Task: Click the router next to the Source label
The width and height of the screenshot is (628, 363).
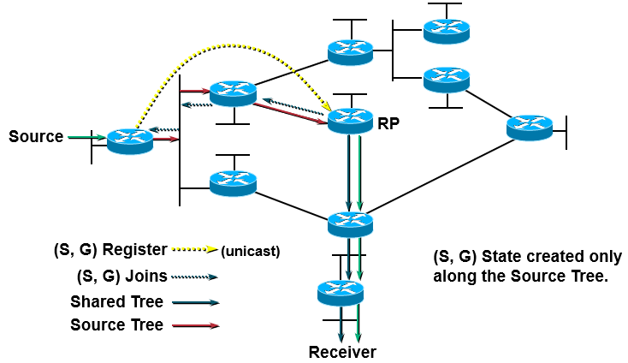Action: click(130, 140)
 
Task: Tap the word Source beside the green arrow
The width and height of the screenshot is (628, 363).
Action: click(36, 136)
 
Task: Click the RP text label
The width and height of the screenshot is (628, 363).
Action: click(389, 123)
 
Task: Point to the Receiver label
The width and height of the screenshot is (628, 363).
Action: click(342, 352)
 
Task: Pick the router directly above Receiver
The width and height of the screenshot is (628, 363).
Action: click(340, 292)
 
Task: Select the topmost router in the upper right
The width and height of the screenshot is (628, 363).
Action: click(447, 31)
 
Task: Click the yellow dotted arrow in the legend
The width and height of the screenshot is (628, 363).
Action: click(194, 251)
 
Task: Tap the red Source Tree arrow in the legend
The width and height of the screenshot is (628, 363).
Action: click(196, 325)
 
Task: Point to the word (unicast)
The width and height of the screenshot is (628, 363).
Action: click(251, 252)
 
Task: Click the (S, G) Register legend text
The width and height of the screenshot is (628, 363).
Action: click(110, 251)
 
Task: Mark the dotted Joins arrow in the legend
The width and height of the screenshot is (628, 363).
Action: click(196, 277)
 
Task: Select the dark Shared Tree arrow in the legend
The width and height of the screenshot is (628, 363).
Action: click(196, 301)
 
